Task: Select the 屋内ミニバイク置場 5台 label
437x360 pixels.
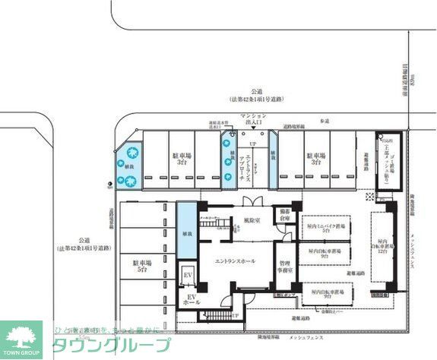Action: click(328, 229)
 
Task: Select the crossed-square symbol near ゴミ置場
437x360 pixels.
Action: click(370, 196)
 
